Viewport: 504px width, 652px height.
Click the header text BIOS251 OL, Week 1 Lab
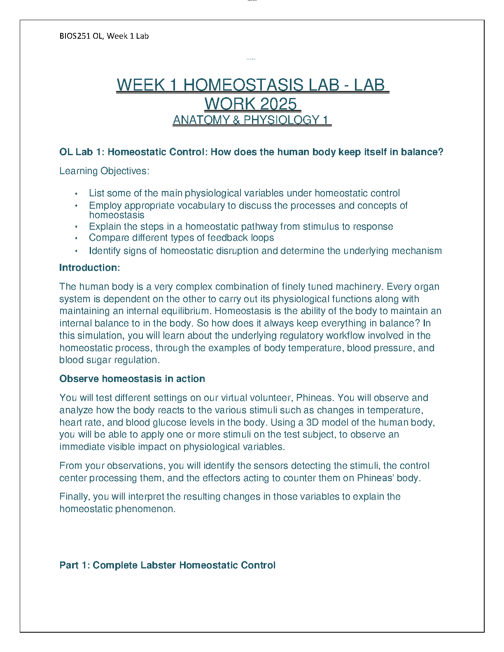(104, 36)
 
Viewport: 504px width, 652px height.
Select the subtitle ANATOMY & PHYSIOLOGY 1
(251, 120)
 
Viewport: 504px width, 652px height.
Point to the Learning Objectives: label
(104, 171)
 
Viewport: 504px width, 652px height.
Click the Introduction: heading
(89, 268)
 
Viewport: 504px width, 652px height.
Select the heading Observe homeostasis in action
(132, 379)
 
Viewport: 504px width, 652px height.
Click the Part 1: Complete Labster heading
(167, 565)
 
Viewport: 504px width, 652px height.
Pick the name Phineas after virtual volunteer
(314, 398)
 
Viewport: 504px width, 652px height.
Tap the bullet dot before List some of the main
(76, 193)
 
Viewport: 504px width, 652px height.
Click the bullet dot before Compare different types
(76, 238)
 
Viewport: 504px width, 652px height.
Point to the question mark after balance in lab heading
(441, 152)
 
